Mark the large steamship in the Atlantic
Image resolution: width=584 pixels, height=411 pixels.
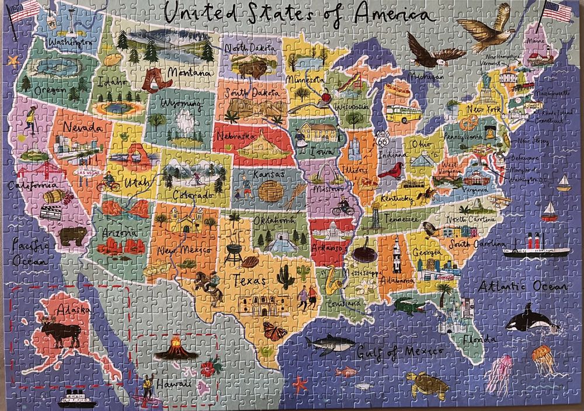point(536,248)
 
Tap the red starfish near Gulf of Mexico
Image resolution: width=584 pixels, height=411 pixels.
point(300,384)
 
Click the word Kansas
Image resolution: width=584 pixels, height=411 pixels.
point(269,175)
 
